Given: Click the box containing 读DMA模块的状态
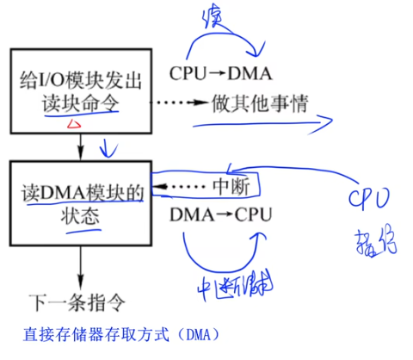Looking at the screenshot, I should pyautogui.click(x=80, y=202).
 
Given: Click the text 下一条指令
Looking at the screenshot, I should pyautogui.click(x=80, y=303).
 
